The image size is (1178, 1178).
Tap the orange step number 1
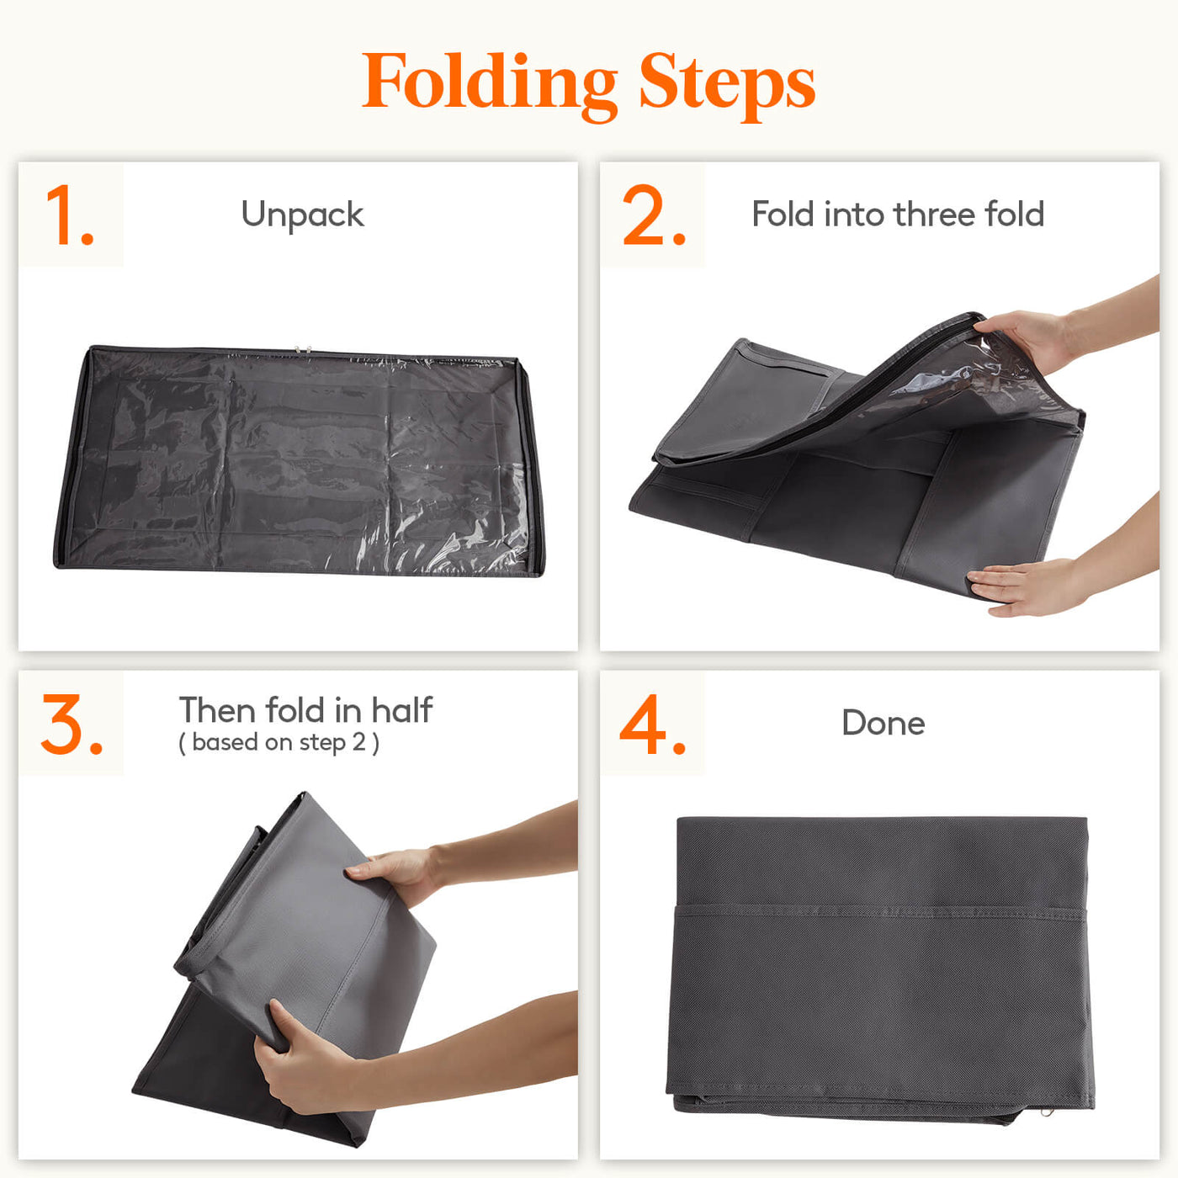click(x=69, y=215)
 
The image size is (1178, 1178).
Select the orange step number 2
click(x=654, y=215)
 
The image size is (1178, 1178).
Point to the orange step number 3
click(x=72, y=724)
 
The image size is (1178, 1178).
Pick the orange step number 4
click(x=652, y=724)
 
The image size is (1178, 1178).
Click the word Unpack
click(x=303, y=215)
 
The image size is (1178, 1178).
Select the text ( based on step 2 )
click(x=279, y=743)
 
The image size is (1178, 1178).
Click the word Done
click(x=883, y=723)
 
